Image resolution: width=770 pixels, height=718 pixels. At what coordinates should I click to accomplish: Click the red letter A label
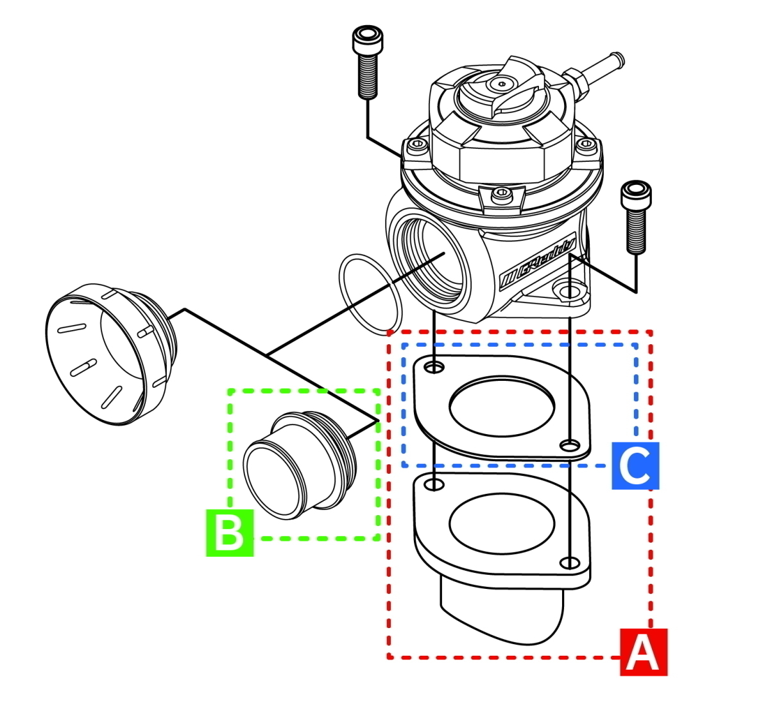(644, 652)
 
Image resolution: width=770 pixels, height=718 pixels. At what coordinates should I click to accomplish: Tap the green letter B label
(230, 532)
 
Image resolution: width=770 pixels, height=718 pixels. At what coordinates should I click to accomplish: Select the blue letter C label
(635, 466)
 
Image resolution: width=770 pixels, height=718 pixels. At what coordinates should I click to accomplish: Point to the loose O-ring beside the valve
(372, 293)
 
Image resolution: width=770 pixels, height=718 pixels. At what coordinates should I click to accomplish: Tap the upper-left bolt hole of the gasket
(434, 367)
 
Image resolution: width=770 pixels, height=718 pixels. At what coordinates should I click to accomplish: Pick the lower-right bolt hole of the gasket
(567, 445)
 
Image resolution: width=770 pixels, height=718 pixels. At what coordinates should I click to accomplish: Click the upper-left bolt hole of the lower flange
(435, 484)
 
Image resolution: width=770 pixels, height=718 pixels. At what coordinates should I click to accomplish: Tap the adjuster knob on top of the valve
(501, 87)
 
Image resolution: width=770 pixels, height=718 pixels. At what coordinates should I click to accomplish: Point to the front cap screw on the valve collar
(501, 193)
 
